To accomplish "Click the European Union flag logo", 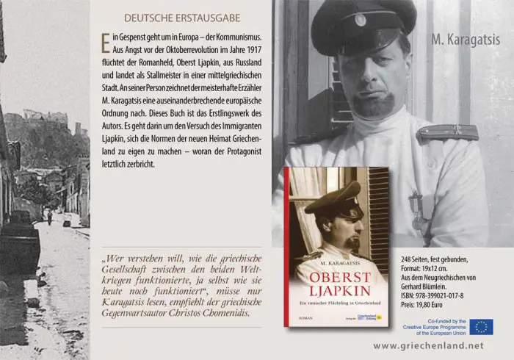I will pyautogui.click(x=482, y=326).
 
